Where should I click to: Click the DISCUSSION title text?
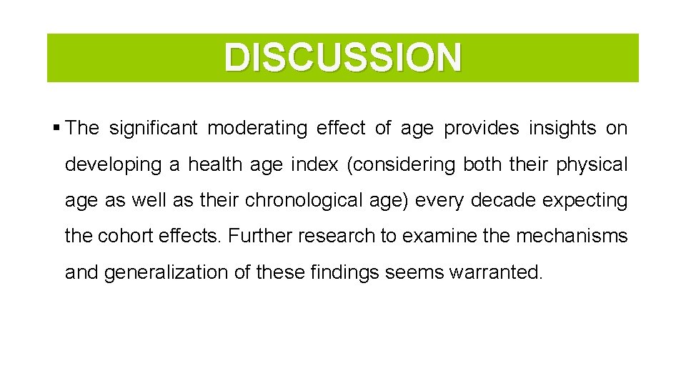[343, 58]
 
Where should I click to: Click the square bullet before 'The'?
[56, 129]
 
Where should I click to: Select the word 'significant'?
[152, 129]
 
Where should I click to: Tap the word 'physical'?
[592, 165]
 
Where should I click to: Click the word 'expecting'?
[585, 201]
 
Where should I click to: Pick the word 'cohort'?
[121, 237]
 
